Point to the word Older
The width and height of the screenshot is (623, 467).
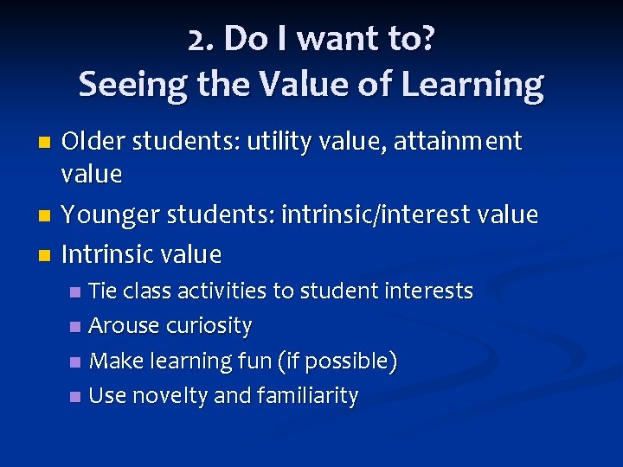(x=92, y=141)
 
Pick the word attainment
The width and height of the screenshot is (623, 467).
(x=459, y=141)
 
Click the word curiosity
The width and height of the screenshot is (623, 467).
(x=209, y=326)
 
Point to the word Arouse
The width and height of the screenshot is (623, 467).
(x=125, y=326)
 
